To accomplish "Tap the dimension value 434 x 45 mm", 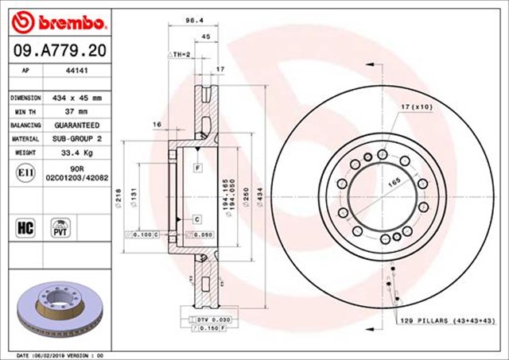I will point(77,97).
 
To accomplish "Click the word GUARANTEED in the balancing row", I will point(77,126).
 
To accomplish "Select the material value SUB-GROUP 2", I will point(76,139).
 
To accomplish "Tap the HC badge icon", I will point(24,226).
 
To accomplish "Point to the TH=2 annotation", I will point(180,54).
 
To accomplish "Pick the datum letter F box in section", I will point(196,168).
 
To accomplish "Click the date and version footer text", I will point(60,354).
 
